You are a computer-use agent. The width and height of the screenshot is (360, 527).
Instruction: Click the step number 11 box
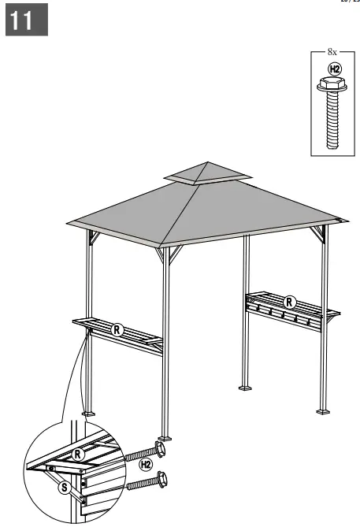pyautogui.click(x=28, y=21)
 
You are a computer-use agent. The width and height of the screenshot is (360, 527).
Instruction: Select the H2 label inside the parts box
pyautogui.click(x=334, y=69)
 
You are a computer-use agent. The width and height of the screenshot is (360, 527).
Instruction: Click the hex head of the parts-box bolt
pyautogui.click(x=334, y=84)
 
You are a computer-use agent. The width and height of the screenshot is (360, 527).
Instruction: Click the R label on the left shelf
pyautogui.click(x=117, y=329)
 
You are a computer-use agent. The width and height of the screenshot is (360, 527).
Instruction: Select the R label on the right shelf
pyautogui.click(x=290, y=302)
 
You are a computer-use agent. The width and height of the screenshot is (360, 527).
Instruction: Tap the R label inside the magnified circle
pyautogui.click(x=78, y=454)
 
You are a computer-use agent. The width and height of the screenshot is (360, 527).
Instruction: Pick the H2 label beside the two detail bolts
pyautogui.click(x=146, y=464)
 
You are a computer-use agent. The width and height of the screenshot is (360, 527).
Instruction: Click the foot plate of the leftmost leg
pyautogui.click(x=87, y=412)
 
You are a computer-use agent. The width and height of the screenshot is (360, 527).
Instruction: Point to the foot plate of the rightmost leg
pyautogui.click(x=323, y=410)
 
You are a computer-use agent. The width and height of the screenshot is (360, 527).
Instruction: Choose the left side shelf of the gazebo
pyautogui.click(x=118, y=331)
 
